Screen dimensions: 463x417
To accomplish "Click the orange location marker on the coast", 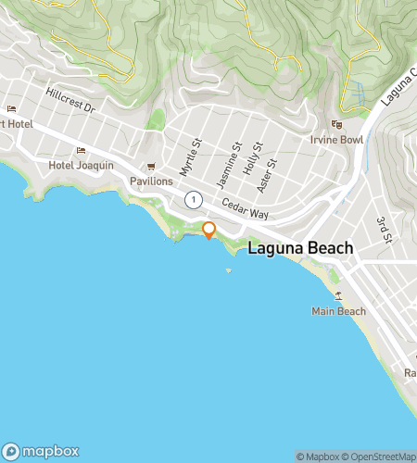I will click(208, 230).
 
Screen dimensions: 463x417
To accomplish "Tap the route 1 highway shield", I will click(193, 199).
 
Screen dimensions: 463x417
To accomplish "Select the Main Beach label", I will click(338, 311).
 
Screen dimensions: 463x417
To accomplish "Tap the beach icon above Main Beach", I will click(338, 296).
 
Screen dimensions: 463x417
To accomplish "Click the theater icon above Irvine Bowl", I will click(337, 124).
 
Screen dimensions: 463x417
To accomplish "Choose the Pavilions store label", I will click(151, 181).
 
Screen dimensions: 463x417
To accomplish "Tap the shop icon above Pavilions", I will click(151, 167).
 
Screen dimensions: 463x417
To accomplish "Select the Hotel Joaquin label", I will click(81, 165).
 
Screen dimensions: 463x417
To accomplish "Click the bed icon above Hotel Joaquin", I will click(81, 150).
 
